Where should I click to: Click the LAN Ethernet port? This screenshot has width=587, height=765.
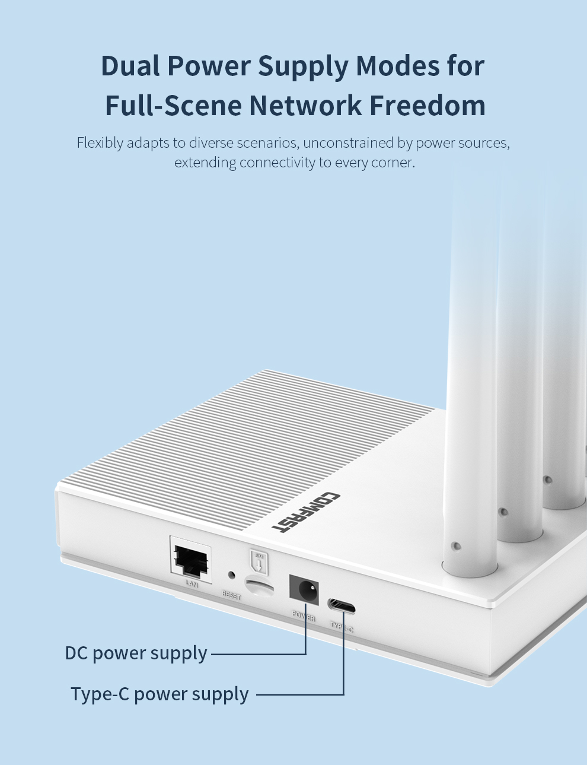click(191, 560)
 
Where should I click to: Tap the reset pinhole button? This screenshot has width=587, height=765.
click(231, 575)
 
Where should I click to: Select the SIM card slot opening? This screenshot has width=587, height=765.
click(260, 586)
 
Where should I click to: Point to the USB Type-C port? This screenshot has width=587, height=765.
click(342, 606)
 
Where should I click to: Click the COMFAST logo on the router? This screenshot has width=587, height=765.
click(306, 512)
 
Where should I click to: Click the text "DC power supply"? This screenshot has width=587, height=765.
click(136, 653)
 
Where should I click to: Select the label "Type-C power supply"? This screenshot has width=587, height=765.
click(159, 694)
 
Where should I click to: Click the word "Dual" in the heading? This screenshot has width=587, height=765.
click(130, 66)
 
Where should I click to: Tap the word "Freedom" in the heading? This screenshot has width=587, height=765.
click(428, 106)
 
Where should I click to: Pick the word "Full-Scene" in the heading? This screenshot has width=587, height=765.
click(174, 106)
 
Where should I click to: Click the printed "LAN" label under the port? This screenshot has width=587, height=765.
click(192, 585)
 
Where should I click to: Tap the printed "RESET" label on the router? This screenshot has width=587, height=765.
click(231, 594)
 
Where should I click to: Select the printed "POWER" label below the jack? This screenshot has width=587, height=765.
click(304, 615)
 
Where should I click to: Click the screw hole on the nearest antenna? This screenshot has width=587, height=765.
click(455, 545)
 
